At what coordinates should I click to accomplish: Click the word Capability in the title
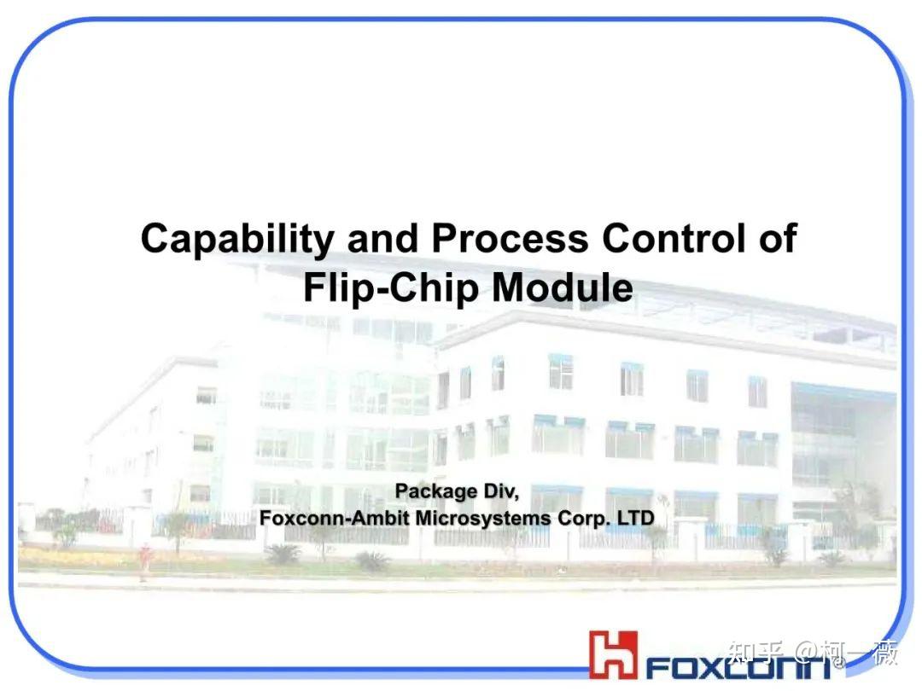[x=236, y=240]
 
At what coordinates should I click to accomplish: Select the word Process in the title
[x=510, y=240]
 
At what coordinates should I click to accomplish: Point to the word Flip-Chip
[x=390, y=289]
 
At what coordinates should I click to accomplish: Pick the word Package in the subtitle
[x=435, y=492]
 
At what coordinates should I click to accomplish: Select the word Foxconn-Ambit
[x=335, y=519]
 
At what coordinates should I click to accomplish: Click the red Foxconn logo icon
[x=613, y=653]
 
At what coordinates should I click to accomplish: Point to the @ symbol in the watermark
[x=806, y=654]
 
